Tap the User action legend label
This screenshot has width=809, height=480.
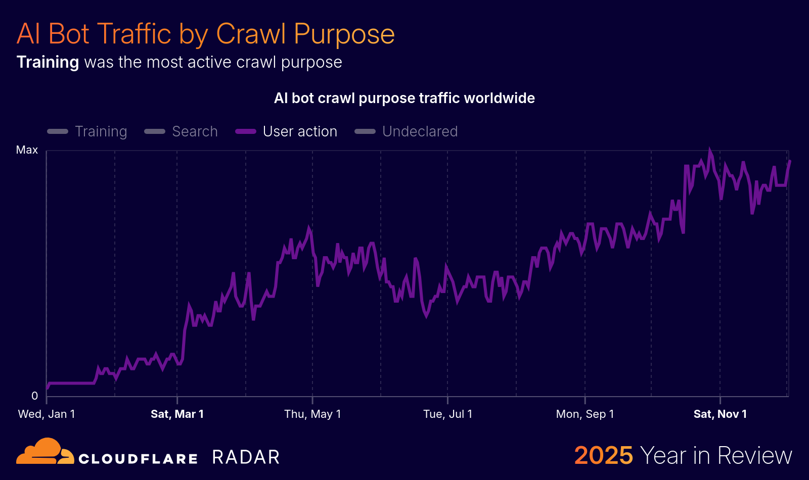(x=300, y=131)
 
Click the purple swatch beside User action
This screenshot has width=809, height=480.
(x=246, y=131)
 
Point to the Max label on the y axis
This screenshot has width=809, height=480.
(x=27, y=150)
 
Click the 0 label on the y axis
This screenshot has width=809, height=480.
(x=34, y=396)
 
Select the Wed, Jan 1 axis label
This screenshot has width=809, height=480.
(x=47, y=414)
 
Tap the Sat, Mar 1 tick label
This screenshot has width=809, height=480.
(x=177, y=414)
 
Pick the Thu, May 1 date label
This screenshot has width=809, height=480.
(x=312, y=414)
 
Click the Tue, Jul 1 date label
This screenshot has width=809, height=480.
(x=447, y=414)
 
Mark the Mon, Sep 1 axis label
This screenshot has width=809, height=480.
(x=585, y=414)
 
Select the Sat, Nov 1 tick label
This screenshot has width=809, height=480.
(x=720, y=414)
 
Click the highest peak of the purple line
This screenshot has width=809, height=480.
(x=710, y=151)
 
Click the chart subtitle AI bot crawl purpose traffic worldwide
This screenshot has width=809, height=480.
(x=404, y=98)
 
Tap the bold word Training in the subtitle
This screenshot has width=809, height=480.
(x=48, y=62)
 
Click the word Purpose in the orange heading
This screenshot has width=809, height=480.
(x=344, y=34)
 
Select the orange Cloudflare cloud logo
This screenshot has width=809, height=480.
(x=44, y=451)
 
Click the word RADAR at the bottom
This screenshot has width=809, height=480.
(x=246, y=457)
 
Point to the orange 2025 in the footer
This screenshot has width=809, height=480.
(x=603, y=455)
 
